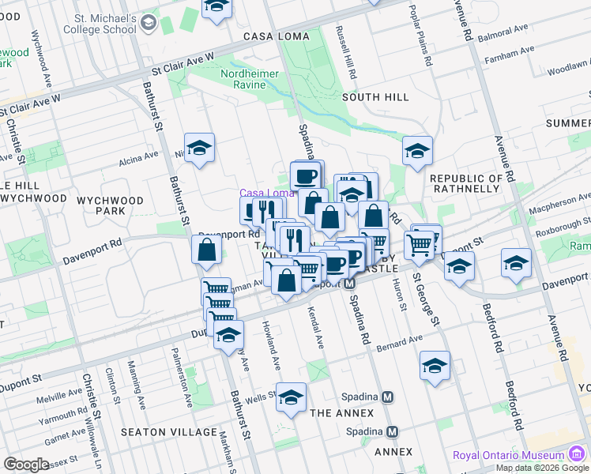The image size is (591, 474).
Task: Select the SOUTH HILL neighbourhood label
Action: pyautogui.click(x=375, y=96)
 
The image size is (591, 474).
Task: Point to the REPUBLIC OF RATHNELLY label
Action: pyautogui.click(x=466, y=184)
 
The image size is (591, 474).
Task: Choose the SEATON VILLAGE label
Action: pyautogui.click(x=169, y=431)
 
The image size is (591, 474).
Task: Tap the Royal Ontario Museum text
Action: pyautogui.click(x=508, y=456)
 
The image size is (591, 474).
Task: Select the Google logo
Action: pyautogui.click(x=26, y=465)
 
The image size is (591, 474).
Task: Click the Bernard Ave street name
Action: pyautogui.click(x=399, y=342)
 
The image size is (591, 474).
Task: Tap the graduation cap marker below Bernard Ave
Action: pyautogui.click(x=435, y=365)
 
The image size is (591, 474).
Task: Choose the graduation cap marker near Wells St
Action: pyautogui.click(x=291, y=397)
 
